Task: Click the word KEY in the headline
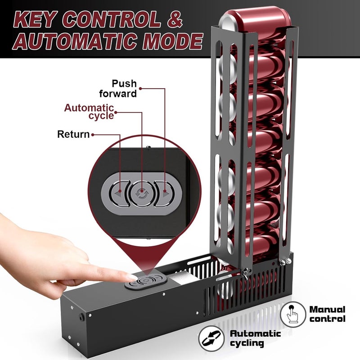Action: (34, 20)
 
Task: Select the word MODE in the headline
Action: (173, 41)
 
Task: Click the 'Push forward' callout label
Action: (118, 89)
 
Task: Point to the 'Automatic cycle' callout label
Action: (89, 112)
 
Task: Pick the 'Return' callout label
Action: (73, 134)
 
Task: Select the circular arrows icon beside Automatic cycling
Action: (211, 339)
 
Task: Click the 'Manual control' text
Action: (328, 314)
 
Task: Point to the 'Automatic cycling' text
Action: (255, 338)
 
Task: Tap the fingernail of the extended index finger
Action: (132, 277)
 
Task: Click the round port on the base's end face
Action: (81, 318)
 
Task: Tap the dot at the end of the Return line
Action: (93, 135)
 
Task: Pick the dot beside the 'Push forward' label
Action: (140, 88)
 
